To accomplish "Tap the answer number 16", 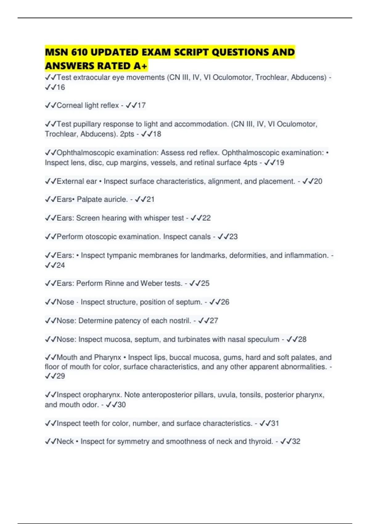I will click(61, 87).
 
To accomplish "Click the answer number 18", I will click(157, 134).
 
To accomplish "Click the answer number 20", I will click(318, 181).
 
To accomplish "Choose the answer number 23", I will click(233, 237).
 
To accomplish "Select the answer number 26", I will click(225, 302).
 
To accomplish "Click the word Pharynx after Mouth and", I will click(107, 357).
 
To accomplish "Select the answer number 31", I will click(275, 423).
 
